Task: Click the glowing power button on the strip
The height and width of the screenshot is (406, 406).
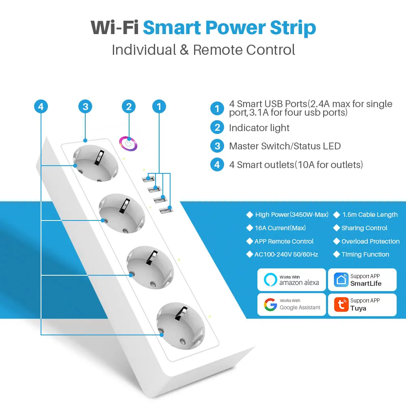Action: pos(128,143)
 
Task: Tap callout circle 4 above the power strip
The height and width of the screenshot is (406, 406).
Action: pos(41,107)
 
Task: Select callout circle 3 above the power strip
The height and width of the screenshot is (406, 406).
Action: pos(85,107)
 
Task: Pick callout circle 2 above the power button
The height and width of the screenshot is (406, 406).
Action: pos(129,107)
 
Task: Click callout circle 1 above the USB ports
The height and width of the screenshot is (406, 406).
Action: pos(159,107)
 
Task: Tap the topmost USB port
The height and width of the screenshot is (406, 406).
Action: pos(151,178)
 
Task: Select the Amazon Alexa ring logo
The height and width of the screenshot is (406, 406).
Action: pos(270,280)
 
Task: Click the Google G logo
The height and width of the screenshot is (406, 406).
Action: pos(270,304)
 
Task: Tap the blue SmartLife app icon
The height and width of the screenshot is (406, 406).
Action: pos(341,280)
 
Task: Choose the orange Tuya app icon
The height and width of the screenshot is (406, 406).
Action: pos(341,304)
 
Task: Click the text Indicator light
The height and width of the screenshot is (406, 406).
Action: pos(259,128)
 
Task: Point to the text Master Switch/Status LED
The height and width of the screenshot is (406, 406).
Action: pos(285,146)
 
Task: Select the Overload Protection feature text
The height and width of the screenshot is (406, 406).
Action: pos(370,241)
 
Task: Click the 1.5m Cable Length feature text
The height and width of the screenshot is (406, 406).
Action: pos(370,215)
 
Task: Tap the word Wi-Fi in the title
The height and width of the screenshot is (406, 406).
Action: pos(114,28)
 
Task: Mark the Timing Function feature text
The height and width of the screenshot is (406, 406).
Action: pos(365,255)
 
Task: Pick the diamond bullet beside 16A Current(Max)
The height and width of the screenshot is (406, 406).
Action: pos(249,228)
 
